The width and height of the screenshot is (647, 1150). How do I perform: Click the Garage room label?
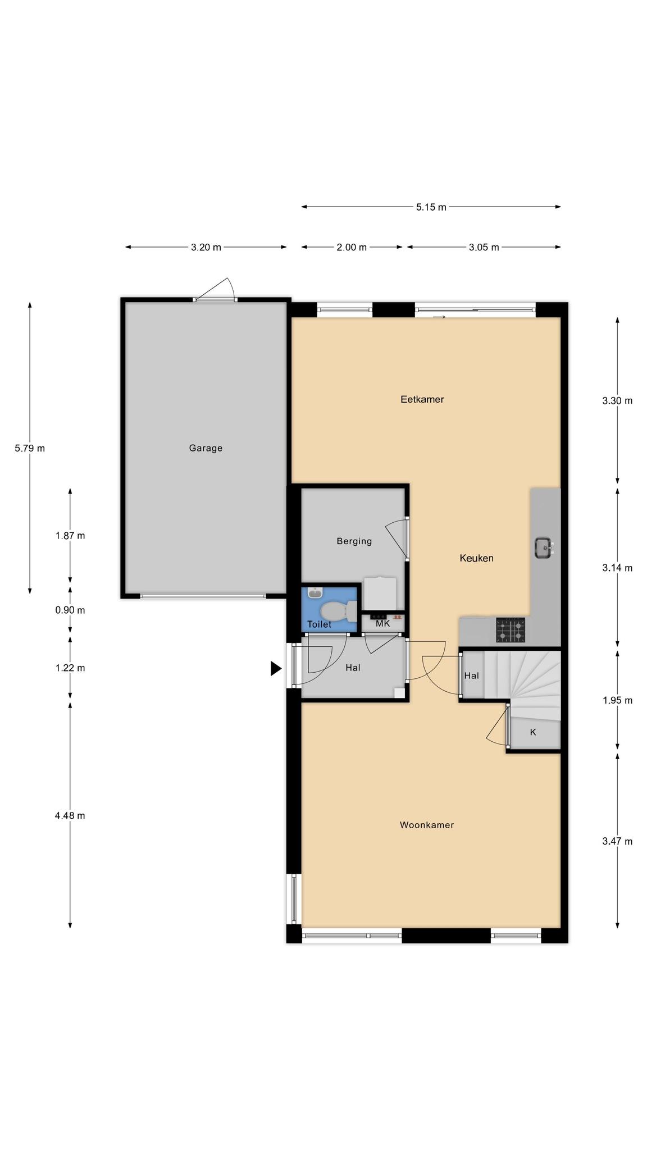[x=206, y=448]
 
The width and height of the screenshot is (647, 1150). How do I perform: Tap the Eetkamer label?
[x=422, y=399]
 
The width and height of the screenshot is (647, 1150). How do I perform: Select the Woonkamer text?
[x=427, y=825]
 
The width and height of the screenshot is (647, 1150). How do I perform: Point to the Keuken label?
[x=477, y=558]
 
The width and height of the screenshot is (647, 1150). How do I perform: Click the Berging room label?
[x=354, y=541]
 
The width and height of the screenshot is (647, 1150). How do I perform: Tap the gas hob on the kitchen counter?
[x=511, y=630]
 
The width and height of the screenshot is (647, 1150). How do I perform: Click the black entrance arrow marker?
[x=276, y=668]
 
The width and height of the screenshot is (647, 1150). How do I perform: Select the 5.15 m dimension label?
[x=431, y=207]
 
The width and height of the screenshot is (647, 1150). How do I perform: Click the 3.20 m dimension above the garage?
[x=206, y=247]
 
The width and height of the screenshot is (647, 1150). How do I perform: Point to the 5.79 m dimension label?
[x=30, y=448]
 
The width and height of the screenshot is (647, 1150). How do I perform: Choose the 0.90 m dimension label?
[x=70, y=610]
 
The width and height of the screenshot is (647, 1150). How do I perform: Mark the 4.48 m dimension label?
[x=70, y=815]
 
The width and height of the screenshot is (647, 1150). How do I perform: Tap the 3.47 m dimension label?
[x=617, y=841]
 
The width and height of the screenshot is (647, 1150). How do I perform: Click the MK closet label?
[x=382, y=623]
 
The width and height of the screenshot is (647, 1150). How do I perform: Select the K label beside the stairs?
[x=533, y=732]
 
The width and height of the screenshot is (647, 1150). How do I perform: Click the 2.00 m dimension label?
[x=352, y=247]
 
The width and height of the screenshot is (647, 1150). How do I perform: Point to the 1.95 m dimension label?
[x=617, y=700]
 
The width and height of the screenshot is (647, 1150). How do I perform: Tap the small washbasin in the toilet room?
[x=315, y=593]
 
